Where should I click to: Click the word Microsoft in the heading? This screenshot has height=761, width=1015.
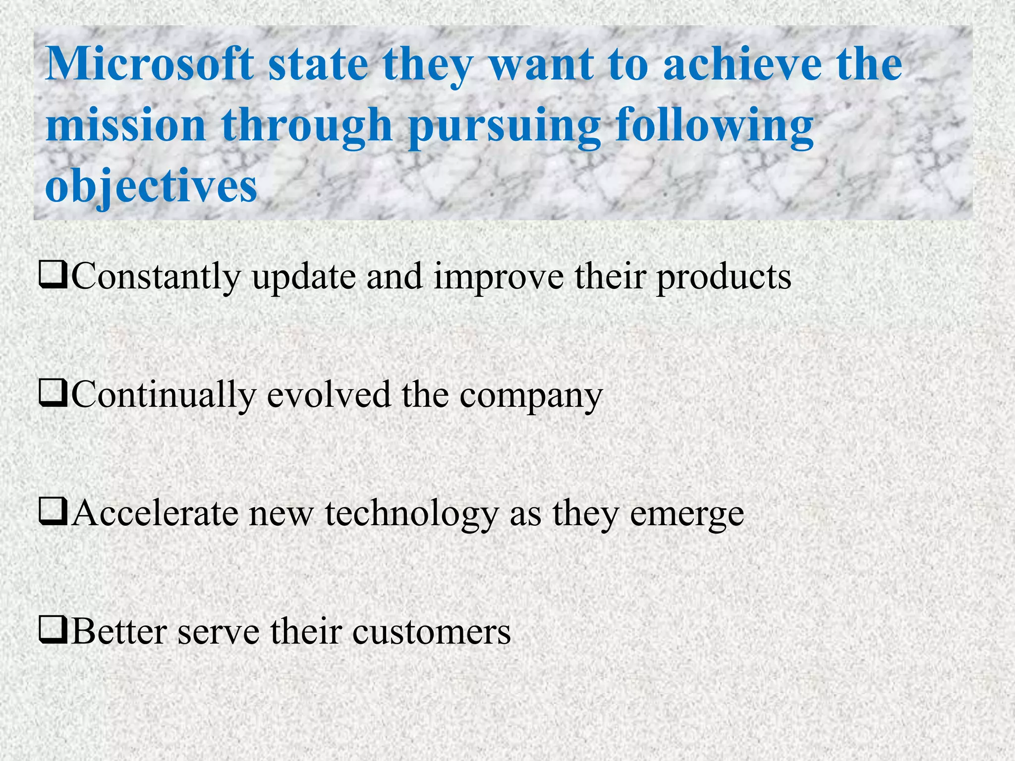click(x=149, y=64)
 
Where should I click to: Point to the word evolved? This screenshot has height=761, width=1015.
click(x=329, y=395)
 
